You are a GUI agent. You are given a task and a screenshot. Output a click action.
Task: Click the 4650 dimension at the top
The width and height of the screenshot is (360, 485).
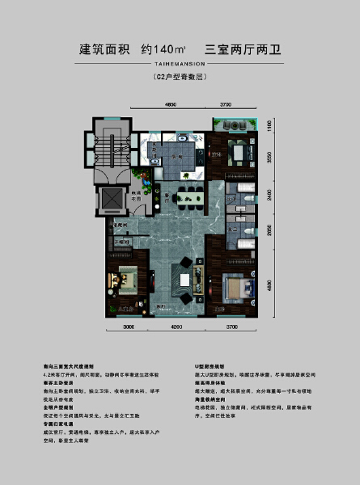pyautogui.click(x=171, y=105)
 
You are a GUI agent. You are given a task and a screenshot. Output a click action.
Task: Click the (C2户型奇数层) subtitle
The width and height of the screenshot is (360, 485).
pyautogui.click(x=180, y=78)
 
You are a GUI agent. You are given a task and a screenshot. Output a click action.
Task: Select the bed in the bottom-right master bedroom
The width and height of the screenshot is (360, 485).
pyautogui.click(x=236, y=288)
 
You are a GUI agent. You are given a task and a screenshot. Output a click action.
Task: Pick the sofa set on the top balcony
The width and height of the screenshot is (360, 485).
pyautogui.click(x=235, y=125)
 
